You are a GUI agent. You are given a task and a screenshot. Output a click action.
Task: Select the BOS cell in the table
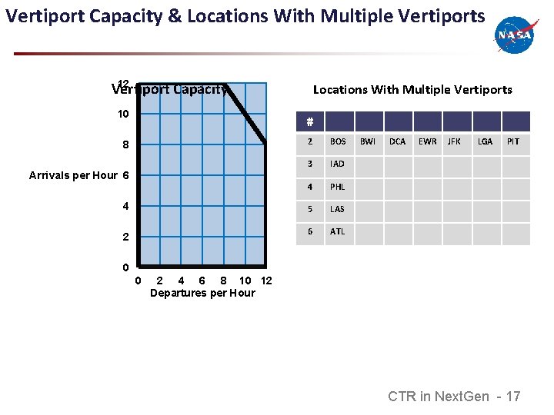pos(338,141)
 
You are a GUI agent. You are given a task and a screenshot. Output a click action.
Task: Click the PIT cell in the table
pos(513,141)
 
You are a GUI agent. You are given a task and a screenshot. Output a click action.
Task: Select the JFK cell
pos(455,141)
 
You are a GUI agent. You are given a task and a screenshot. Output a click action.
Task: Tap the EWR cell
pos(427,141)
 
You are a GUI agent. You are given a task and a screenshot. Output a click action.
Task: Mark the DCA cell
pos(397,141)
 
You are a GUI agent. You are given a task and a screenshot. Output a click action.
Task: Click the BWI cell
pos(368,141)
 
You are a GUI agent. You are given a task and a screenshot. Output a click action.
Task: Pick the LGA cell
pos(485,141)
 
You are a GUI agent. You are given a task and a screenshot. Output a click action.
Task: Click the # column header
pos(309,121)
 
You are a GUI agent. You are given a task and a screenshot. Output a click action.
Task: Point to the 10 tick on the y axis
pos(123,114)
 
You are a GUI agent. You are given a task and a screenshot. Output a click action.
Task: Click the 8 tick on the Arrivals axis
pos(125,144)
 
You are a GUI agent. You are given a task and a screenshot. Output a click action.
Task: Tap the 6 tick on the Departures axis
pos(202,281)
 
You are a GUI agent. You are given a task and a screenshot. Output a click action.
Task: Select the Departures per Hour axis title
pos(202,293)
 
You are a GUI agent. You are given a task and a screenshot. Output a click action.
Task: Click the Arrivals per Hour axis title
pos(73,175)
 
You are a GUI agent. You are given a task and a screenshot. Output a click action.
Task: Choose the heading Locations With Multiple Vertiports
pos(412,90)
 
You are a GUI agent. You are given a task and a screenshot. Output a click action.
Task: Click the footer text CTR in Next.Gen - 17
pos(454,397)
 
